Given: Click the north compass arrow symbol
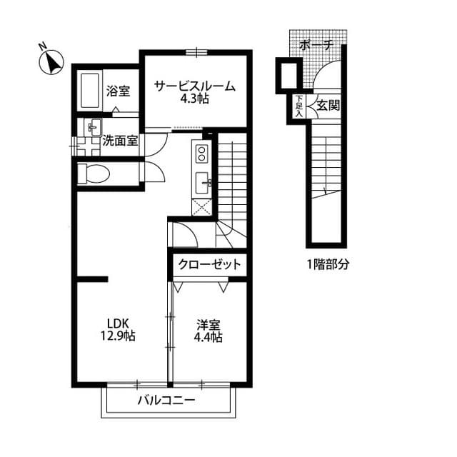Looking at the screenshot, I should pos(51,61).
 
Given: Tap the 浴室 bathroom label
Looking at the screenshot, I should pos(118,91).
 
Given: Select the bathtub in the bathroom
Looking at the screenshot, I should pos(89,91).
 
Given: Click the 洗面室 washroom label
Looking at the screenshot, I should pos(119,141).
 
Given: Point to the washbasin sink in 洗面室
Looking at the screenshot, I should pos(92,129).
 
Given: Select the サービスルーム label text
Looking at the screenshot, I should pos(195,86).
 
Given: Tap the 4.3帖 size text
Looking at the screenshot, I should pos(194,99).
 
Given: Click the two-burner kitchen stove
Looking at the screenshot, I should pos(201,154).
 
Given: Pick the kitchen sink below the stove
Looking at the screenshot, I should pos(202,183).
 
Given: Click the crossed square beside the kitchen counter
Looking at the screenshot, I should pos(201,208).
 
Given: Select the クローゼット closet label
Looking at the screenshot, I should pos(208,264).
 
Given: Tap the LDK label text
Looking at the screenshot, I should pos(118,322).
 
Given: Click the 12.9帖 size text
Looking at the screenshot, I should pos(119,335).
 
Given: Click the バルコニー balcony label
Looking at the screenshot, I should pos(166,401).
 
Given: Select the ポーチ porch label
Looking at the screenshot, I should pos(316,44).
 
